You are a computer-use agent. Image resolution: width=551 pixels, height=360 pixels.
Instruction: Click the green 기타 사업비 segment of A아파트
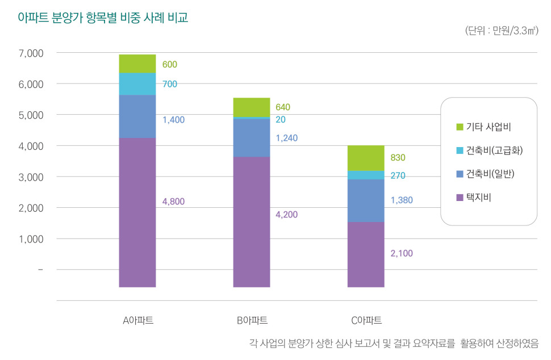tap(137, 64)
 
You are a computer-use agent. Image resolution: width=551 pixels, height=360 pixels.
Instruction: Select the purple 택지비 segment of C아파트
tap(366, 254)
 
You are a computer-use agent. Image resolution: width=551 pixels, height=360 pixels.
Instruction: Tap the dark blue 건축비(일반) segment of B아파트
tap(252, 138)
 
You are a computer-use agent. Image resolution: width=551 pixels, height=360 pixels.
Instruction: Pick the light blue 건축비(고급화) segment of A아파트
tap(137, 84)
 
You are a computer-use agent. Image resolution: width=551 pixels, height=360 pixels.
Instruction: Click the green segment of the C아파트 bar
tap(366, 158)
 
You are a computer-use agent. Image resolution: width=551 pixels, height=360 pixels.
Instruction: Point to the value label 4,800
tap(173, 201)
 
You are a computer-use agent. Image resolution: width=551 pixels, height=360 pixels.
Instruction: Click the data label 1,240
tap(287, 138)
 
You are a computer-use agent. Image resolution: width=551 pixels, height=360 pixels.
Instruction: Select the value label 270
tap(398, 175)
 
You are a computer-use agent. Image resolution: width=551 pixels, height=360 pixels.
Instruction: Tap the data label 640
tap(283, 107)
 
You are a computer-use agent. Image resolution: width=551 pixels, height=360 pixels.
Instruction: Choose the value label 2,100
tap(402, 253)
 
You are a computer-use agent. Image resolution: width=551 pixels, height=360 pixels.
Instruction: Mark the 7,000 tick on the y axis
tap(31, 53)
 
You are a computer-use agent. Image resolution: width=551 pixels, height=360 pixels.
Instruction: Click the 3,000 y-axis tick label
tap(31, 177)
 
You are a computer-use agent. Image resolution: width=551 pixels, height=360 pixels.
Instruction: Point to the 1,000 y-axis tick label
tap(31, 239)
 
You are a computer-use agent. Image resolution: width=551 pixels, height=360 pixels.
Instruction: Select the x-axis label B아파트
tap(252, 320)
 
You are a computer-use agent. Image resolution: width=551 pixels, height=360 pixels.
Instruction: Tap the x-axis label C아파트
tap(366, 320)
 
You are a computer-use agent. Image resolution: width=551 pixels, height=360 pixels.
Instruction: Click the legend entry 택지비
tap(474, 198)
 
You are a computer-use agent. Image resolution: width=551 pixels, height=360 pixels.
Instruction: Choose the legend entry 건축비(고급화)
tap(490, 150)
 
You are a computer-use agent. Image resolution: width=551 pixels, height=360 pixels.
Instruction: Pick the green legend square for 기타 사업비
tap(460, 127)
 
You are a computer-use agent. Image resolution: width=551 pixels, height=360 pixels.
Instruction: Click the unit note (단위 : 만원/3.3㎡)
tap(502, 31)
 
